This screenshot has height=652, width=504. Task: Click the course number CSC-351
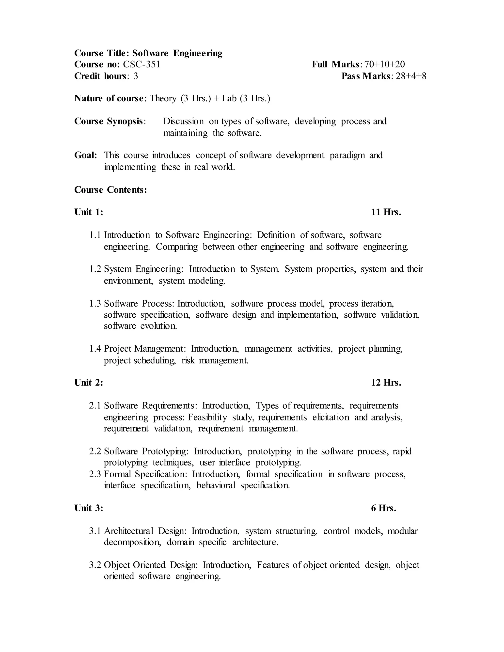[142, 64]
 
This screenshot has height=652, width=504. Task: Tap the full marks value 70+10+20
[385, 64]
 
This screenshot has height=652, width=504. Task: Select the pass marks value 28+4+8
[411, 76]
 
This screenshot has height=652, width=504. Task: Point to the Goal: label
[86, 155]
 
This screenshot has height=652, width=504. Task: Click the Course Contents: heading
[110, 190]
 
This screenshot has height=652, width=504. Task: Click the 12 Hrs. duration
[386, 383]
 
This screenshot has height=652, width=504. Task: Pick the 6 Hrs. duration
[383, 508]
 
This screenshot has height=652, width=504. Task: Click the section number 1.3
[95, 304]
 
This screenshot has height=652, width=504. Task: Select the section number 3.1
[95, 531]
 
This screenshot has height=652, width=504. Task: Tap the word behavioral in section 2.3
[216, 485]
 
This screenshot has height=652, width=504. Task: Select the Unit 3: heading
[89, 508]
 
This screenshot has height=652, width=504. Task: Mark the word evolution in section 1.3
[158, 326]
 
